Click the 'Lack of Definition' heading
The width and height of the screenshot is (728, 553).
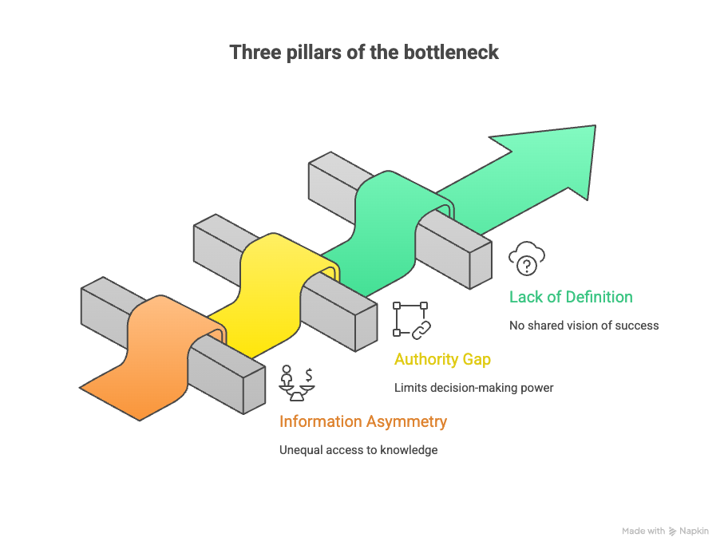571,297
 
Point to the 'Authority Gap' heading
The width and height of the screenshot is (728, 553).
442,359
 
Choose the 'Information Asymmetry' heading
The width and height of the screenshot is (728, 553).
362,421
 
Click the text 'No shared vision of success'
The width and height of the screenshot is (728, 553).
584,326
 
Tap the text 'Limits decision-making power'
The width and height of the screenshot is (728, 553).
473,388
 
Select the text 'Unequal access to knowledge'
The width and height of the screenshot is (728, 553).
358,450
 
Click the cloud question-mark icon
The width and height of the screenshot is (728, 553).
527,259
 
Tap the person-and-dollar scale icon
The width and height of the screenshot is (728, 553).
296,382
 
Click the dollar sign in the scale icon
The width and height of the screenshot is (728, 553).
308,373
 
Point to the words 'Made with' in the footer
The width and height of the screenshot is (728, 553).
643,531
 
